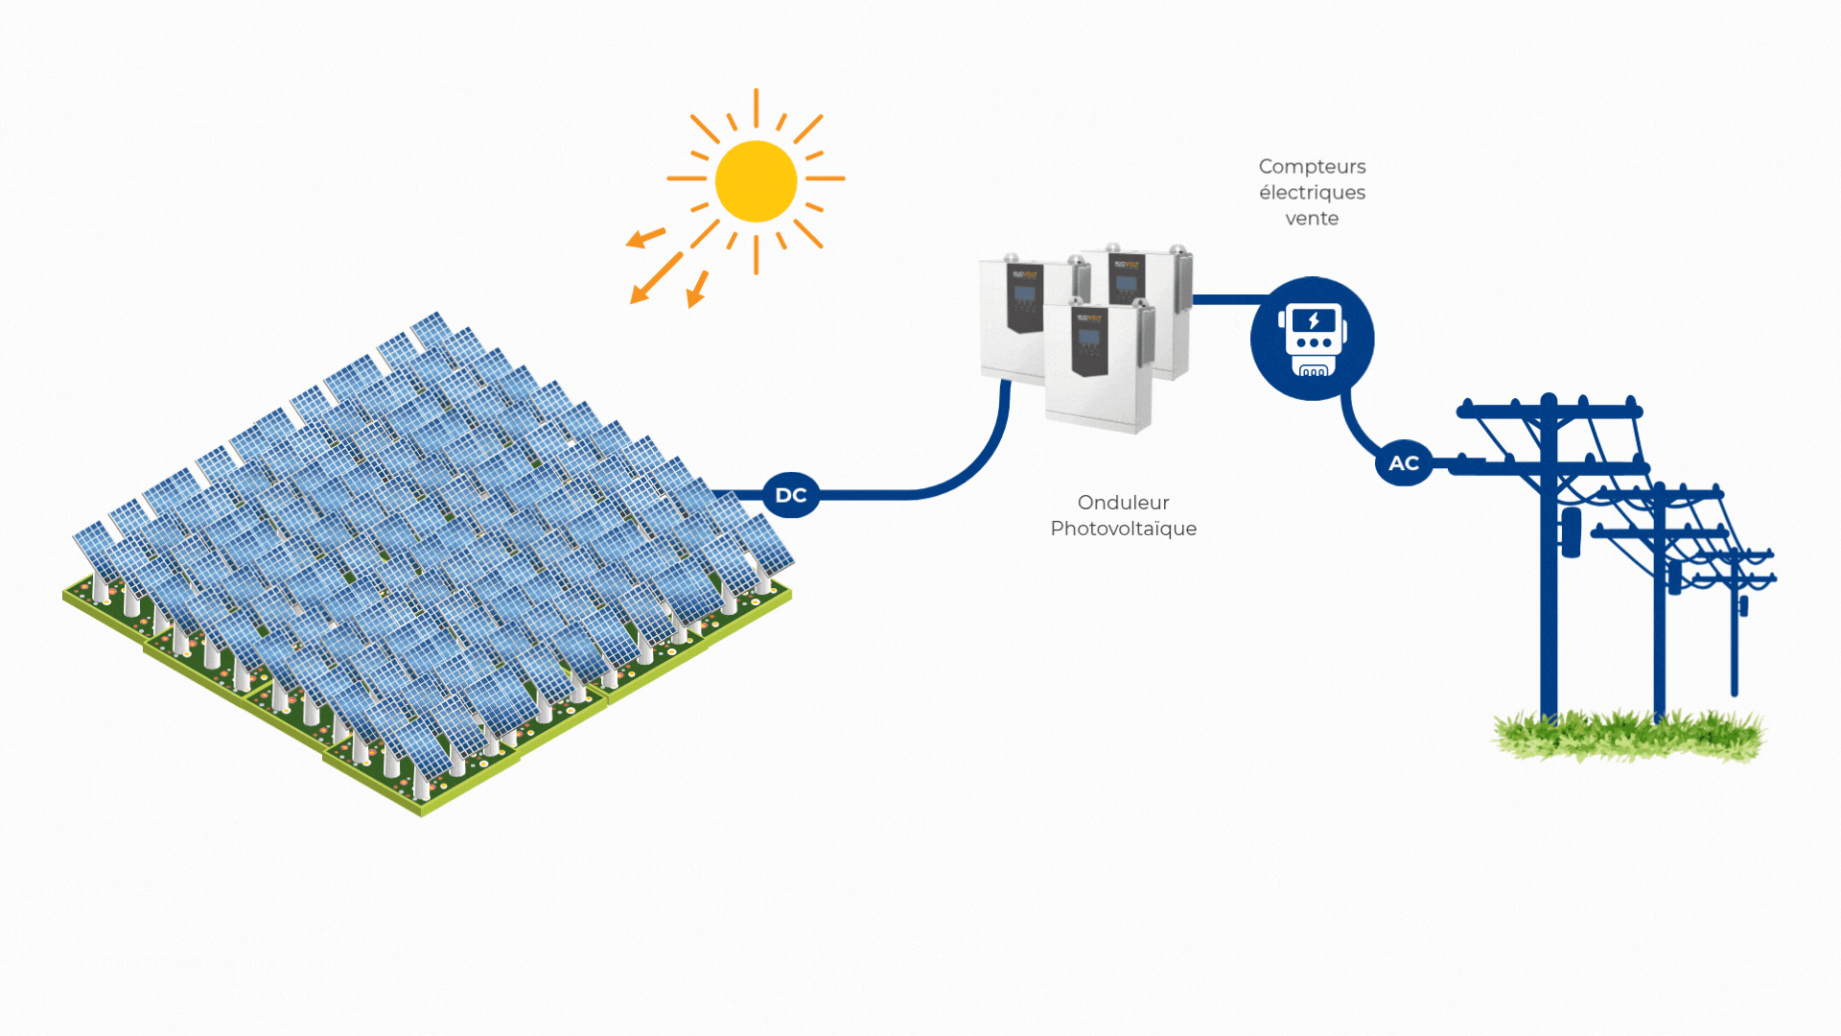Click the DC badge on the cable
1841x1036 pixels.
coord(790,495)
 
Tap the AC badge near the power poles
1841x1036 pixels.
coord(1404,463)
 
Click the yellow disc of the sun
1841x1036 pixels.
coord(756,181)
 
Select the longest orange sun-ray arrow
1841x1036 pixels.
coord(657,278)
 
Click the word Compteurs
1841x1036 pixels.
coord(1312,167)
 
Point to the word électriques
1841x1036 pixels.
coord(1312,193)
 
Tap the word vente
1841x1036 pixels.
coord(1312,219)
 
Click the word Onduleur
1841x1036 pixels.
coord(1123,503)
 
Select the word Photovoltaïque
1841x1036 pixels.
coord(1123,529)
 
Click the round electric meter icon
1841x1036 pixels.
coord(1312,339)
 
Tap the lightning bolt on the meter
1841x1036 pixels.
coord(1314,320)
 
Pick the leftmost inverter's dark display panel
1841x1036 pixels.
coord(1024,297)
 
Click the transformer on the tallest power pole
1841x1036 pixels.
coord(1571,532)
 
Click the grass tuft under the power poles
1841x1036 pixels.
coord(1630,737)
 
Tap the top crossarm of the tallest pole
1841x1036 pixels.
coord(1549,412)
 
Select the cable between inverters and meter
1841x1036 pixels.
coord(1227,299)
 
